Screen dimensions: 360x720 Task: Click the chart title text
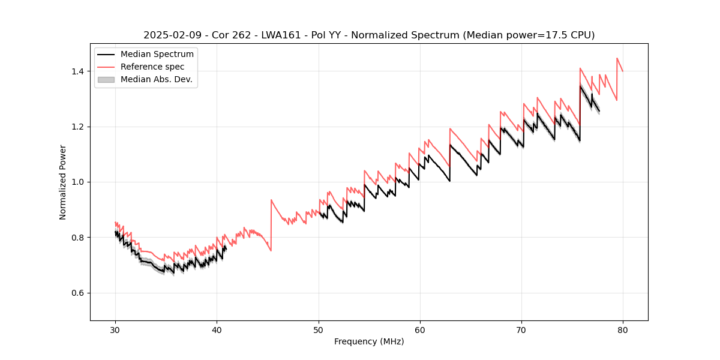[369, 35]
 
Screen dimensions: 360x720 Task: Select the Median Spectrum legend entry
[157, 55]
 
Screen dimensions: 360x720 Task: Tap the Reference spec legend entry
[152, 67]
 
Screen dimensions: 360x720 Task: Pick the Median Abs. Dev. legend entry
[156, 79]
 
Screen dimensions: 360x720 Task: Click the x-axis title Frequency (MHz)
[369, 341]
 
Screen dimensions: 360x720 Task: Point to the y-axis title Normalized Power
[63, 182]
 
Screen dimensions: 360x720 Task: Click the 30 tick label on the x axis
[116, 329]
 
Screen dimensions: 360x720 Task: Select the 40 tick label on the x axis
[217, 329]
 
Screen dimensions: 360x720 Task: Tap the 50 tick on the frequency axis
[319, 329]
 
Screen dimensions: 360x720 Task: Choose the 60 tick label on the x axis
[420, 329]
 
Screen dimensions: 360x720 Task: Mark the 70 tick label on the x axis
[521, 329]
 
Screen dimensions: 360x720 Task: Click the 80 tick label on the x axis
[623, 329]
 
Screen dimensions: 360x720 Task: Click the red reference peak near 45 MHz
[271, 200]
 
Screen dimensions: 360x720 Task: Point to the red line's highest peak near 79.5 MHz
[617, 58]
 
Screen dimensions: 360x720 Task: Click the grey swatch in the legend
[106, 79]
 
